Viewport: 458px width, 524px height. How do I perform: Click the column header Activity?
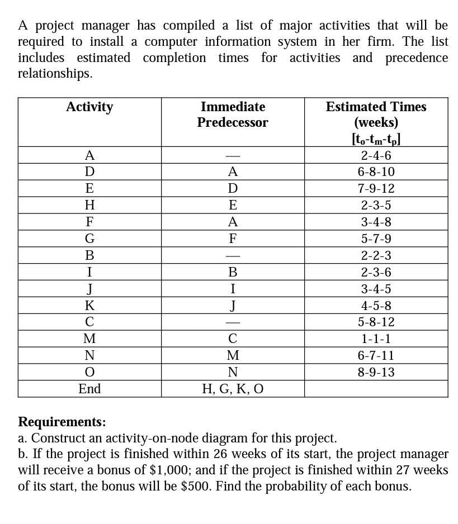point(89,107)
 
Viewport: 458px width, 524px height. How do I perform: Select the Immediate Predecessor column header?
point(233,115)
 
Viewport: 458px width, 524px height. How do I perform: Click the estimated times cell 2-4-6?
point(376,155)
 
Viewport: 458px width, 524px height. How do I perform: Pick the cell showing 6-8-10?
point(376,172)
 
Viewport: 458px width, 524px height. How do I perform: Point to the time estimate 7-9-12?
point(376,189)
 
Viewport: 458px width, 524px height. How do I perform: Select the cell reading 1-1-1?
point(376,339)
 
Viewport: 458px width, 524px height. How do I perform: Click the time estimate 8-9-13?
point(376,372)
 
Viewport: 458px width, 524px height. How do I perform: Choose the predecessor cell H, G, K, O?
point(233,389)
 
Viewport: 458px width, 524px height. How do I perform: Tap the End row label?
point(89,389)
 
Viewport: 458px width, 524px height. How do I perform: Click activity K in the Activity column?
point(89,306)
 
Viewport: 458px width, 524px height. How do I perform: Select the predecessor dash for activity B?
point(233,256)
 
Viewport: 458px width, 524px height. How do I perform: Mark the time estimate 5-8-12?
point(376,322)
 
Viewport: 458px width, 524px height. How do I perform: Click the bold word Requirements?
point(62,422)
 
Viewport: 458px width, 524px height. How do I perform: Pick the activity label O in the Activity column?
point(89,372)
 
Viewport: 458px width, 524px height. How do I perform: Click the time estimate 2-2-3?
point(376,256)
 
